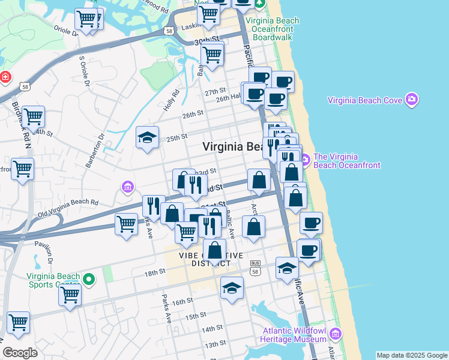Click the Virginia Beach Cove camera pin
tap(411, 99)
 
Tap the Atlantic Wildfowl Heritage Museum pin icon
tap(335, 334)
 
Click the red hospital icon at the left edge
tap(5, 77)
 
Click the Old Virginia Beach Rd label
tap(68, 207)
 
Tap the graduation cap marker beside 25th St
tap(147, 137)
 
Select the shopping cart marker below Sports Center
tap(70, 295)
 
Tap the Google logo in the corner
tap(20, 353)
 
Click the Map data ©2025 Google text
tap(412, 355)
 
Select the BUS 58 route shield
tap(255, 267)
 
